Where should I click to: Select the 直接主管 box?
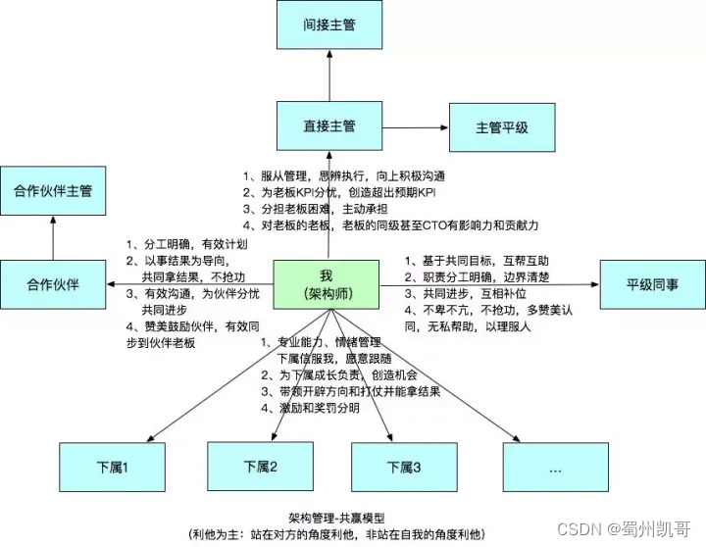point(329,126)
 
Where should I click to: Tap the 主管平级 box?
point(501,127)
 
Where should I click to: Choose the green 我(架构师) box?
point(327,285)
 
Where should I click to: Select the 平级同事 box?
point(652,285)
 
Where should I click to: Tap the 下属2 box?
point(260,467)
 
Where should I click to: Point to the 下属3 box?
point(403,467)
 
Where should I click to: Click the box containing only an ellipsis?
point(555,467)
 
